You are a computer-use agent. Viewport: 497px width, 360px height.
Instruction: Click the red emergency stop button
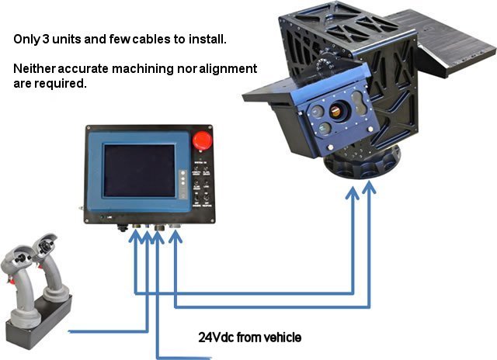pos(202,140)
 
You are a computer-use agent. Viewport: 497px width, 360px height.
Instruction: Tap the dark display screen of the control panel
pos(140,171)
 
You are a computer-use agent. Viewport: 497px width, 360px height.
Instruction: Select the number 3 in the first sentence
pos(46,40)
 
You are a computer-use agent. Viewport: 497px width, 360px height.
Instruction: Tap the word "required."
pos(61,84)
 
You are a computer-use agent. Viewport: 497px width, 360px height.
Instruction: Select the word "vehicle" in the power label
pos(283,337)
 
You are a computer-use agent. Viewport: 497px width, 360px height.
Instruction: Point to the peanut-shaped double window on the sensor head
pos(360,102)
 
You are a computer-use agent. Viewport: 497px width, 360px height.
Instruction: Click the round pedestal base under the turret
pos(362,165)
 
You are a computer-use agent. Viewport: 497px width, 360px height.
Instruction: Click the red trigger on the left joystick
pos(12,279)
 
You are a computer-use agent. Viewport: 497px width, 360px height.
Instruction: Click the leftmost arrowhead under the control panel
pos(136,236)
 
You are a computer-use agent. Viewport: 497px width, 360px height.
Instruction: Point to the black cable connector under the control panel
pos(122,227)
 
